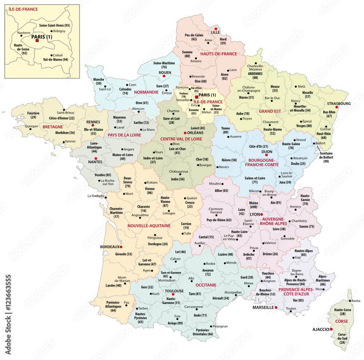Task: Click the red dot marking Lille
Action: click(x=216, y=28)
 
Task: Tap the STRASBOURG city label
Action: click(x=338, y=103)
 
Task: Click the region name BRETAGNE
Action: click(x=53, y=127)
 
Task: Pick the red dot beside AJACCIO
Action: click(x=331, y=329)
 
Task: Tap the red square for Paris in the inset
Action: click(x=37, y=41)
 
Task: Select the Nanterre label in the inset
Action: click(x=24, y=33)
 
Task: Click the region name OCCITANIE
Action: click(x=206, y=285)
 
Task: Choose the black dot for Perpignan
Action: click(x=210, y=326)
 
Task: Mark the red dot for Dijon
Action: click(x=266, y=155)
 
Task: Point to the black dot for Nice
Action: click(x=325, y=289)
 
